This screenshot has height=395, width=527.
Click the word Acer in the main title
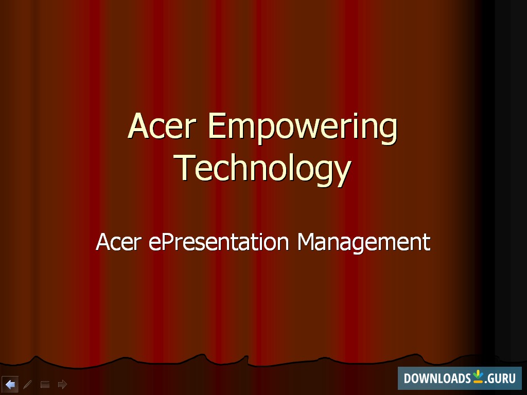coord(162,126)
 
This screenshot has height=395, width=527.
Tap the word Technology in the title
coord(263,168)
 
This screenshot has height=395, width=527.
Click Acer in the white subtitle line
coord(118,242)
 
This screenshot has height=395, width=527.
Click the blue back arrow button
coord(10,384)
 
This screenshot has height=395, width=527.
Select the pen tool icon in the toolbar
coord(28,384)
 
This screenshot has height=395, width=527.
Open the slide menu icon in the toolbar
coord(45,384)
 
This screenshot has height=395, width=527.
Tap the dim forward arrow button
coord(62,384)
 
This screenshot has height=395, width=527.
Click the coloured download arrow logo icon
coord(478,376)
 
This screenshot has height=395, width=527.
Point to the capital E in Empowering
coord(217,126)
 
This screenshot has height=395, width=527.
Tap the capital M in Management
coord(308,242)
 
